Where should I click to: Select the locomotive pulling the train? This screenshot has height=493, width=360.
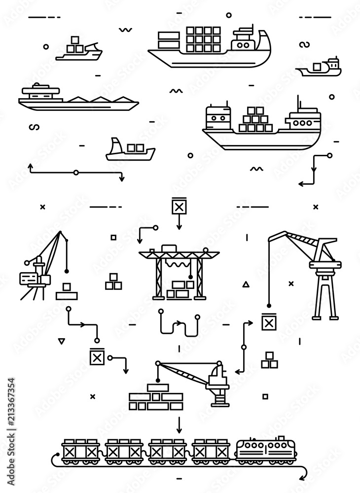[267, 450]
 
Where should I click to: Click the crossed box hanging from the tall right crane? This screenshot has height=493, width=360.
[269, 322]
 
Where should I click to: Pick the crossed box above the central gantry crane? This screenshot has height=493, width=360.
[179, 206]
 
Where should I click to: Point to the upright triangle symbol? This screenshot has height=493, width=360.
[246, 284]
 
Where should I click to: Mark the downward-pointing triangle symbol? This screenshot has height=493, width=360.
[61, 340]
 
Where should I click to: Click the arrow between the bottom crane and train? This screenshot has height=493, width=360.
[179, 423]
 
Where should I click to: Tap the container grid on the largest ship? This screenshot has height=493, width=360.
[203, 38]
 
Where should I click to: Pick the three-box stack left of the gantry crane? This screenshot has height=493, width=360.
[113, 282]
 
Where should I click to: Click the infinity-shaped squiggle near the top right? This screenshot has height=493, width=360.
[304, 45]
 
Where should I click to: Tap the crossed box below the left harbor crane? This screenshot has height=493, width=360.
[97, 356]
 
